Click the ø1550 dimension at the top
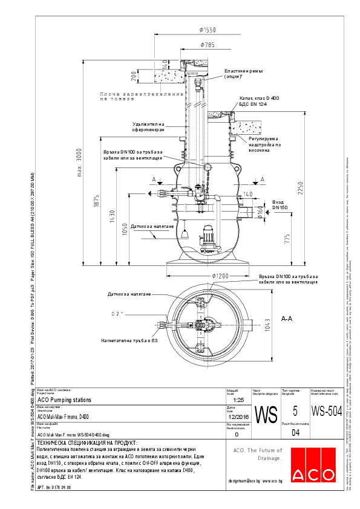pos(208,30)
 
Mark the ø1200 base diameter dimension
pos(222,275)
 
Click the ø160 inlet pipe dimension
pos(261,211)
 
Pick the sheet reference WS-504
pos(326,412)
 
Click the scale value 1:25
pos(238,400)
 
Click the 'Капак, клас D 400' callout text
pos(258,98)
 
